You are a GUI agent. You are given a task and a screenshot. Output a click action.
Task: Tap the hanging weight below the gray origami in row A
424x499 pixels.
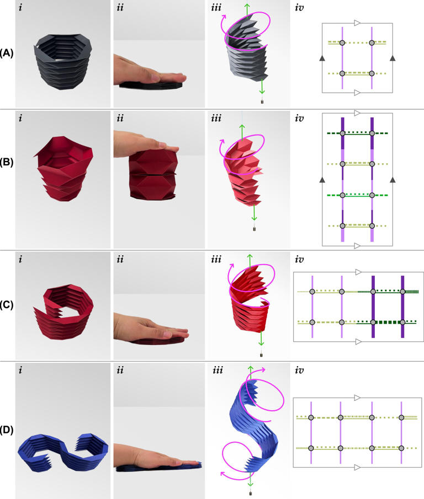coord(262,102)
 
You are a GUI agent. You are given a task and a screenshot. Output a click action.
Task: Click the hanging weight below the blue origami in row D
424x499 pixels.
coord(251,487)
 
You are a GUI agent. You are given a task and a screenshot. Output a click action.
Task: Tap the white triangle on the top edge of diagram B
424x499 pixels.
coord(357,113)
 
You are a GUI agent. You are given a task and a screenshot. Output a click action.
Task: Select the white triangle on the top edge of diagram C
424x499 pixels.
coord(358,272)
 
